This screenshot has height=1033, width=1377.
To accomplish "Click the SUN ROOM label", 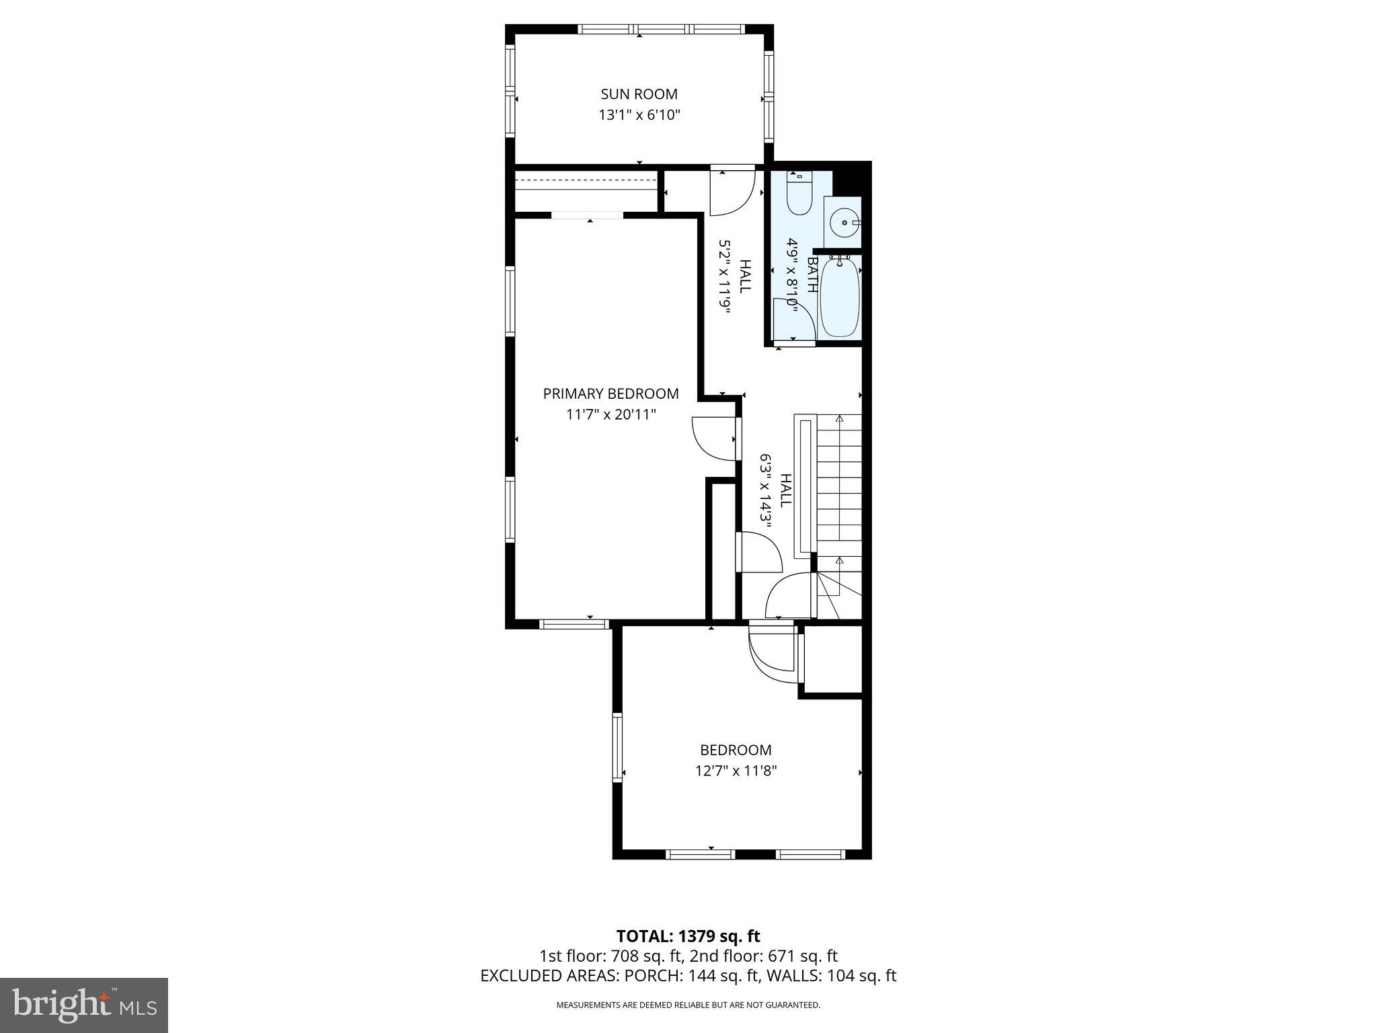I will tap(639, 94).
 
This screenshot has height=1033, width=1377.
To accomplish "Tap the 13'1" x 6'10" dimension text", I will tap(639, 115).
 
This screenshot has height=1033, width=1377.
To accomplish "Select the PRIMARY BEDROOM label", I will tap(611, 393).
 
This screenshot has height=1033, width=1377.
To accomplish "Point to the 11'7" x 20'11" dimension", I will tap(611, 414).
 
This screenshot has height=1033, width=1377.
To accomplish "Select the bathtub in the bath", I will tap(840, 298).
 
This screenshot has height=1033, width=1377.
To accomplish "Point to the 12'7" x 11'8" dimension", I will tap(736, 771).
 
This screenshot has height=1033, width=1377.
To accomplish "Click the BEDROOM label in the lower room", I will tap(736, 750).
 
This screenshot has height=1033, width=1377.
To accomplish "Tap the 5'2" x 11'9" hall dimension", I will tap(724, 276).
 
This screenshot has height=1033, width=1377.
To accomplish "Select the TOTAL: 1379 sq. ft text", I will tap(688, 935).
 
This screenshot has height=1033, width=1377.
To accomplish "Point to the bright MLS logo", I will tap(84, 1005).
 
